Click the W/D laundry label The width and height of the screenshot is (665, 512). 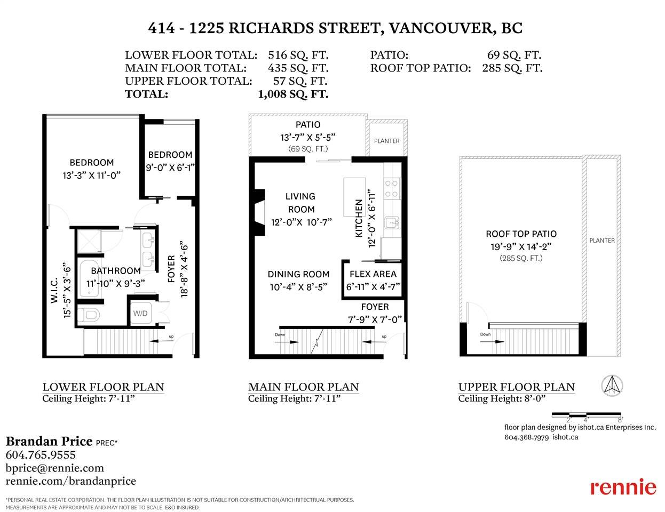point(140,313)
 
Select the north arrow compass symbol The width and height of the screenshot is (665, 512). point(612,386)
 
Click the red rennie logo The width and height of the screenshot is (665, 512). point(623,487)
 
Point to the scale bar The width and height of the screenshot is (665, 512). point(587,415)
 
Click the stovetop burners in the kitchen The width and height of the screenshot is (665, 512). point(392,189)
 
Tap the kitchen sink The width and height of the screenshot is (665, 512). point(392,222)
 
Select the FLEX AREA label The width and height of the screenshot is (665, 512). point(373,274)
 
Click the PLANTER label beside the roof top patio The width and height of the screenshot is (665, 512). point(602,241)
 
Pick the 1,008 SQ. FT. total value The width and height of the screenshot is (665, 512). point(293,94)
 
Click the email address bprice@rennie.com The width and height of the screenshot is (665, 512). point(55,468)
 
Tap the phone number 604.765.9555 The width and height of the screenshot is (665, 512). point(41,455)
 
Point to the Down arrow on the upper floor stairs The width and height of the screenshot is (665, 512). point(492,341)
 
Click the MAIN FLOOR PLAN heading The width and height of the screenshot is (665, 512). point(303,387)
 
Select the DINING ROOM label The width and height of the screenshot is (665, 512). point(298,274)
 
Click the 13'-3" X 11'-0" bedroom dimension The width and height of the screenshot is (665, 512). point(91,175)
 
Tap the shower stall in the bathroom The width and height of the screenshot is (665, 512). point(89,242)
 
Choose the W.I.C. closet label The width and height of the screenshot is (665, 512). point(54,290)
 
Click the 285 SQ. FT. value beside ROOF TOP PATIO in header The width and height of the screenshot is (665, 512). point(512,68)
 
